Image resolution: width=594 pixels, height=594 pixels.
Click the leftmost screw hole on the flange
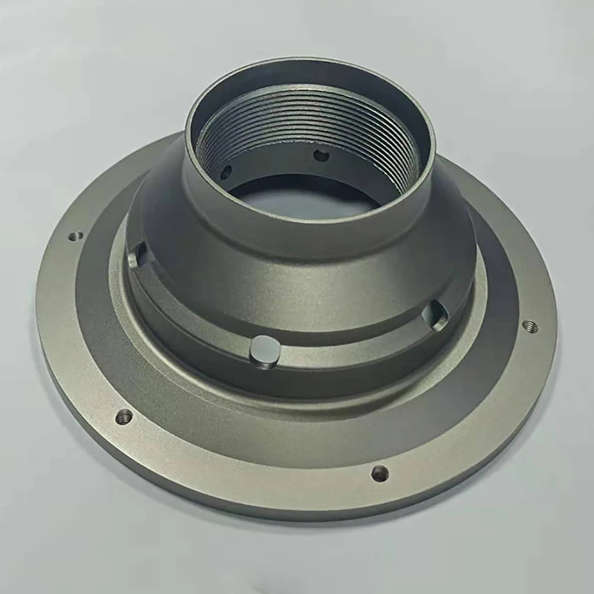74,237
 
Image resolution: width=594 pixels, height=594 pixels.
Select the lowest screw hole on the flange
379,471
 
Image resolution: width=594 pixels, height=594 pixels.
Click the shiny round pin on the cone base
264,350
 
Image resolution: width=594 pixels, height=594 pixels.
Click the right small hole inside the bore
322,155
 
